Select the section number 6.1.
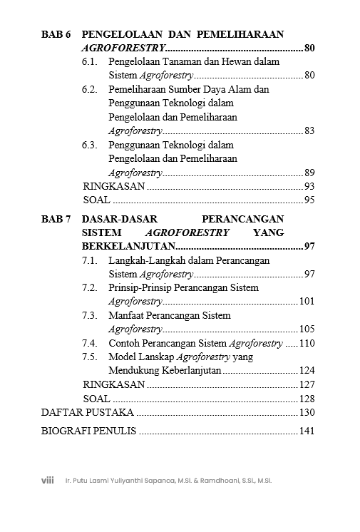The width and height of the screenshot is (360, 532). [x=89, y=62]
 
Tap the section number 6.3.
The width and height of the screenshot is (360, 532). [x=89, y=145]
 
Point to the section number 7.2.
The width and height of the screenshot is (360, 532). [x=89, y=287]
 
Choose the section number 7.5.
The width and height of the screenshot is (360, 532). [x=89, y=357]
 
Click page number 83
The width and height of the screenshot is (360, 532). [x=309, y=131]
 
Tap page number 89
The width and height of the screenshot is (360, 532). [x=309, y=173]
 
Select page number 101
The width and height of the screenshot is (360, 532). [x=307, y=302]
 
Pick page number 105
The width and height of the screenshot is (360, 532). [x=307, y=329]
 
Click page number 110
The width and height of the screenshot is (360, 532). [x=307, y=343]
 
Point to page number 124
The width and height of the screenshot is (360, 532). [x=307, y=371]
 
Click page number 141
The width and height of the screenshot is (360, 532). [x=307, y=431]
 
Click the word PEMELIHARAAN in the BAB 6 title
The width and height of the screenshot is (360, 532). [x=240, y=34]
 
